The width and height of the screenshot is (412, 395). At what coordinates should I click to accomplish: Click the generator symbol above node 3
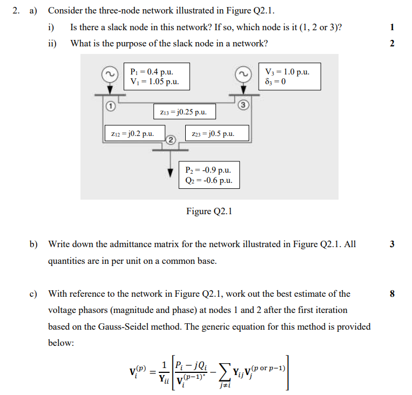244,73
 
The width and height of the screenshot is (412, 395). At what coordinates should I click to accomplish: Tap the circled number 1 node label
110,106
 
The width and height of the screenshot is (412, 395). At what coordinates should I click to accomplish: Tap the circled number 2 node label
171,140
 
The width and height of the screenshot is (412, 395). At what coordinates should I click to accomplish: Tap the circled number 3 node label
244,104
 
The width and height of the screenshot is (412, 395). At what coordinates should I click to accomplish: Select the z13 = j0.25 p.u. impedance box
184,112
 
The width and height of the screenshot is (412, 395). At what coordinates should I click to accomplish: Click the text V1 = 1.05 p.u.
155,82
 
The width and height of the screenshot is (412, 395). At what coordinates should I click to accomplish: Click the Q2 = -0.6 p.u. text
208,181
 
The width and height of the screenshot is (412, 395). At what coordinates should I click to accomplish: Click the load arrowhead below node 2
171,172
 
